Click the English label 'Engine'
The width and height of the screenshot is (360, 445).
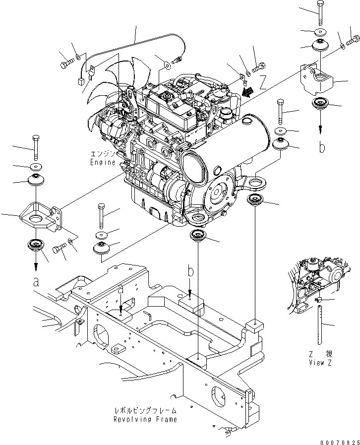click(103, 162)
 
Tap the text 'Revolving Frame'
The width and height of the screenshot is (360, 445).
click(145, 419)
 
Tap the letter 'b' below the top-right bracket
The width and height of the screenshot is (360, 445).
click(322, 147)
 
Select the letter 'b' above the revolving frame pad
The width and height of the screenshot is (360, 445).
click(190, 271)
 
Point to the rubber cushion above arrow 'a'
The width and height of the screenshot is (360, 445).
click(35, 245)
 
